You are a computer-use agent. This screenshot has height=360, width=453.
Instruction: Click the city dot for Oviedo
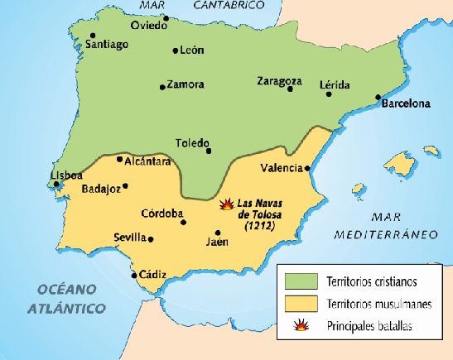(x=166, y=17)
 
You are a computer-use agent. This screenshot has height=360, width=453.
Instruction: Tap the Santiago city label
(x=108, y=44)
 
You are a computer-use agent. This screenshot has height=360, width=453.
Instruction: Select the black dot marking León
(x=175, y=51)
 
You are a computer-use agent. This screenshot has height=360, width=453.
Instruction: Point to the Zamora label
(x=185, y=84)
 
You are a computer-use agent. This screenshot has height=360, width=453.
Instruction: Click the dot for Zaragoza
(x=290, y=89)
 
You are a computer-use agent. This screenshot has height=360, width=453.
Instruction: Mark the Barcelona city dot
(x=378, y=96)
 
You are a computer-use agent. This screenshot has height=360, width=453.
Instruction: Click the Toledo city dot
(x=209, y=151)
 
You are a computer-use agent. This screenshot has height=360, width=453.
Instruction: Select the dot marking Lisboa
(x=57, y=185)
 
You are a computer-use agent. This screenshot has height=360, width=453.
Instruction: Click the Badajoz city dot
(x=125, y=186)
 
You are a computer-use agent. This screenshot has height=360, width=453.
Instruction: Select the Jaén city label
(x=218, y=242)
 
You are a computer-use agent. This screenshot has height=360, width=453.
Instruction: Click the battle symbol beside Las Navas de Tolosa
(x=226, y=203)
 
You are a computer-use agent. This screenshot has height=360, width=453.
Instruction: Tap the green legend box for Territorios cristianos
(x=301, y=279)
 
